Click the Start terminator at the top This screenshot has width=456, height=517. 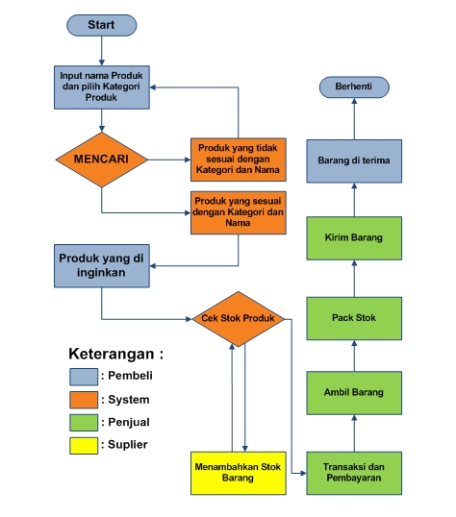click(x=101, y=23)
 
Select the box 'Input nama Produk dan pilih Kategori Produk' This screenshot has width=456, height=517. click(x=101, y=86)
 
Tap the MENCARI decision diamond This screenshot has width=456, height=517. click(x=101, y=157)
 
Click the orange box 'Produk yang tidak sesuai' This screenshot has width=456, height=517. click(x=238, y=158)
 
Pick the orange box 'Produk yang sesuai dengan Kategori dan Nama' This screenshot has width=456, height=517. click(x=238, y=211)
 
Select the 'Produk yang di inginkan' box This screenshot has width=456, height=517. click(x=101, y=265)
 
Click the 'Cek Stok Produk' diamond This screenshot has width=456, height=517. click(x=240, y=318)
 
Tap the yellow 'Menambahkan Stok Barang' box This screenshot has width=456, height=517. click(x=239, y=472)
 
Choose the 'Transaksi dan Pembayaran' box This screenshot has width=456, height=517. click(x=353, y=472)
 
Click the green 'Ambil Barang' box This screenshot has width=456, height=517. click(x=353, y=392)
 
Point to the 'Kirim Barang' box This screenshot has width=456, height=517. click(x=353, y=237)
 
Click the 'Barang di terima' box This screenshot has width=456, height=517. click(x=353, y=160)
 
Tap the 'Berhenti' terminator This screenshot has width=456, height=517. click(x=353, y=87)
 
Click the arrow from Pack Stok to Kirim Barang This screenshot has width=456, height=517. click(x=353, y=279)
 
